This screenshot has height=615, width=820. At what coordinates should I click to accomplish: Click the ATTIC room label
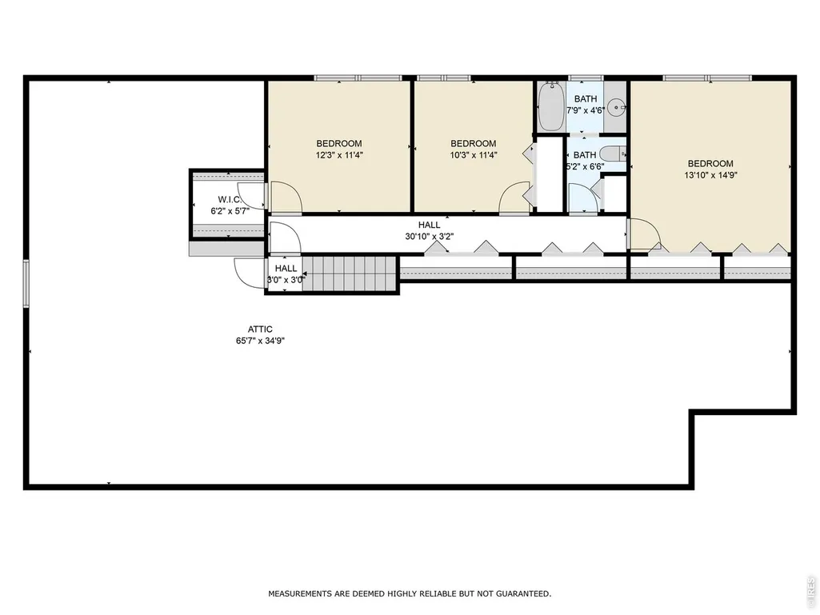point(260,329)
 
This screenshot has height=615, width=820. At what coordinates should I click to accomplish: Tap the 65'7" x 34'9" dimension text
point(260,341)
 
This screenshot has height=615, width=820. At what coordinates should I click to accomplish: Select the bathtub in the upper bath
point(550,106)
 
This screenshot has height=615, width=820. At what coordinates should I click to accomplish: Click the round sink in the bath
point(619,108)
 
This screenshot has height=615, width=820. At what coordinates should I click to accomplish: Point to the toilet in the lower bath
point(612,154)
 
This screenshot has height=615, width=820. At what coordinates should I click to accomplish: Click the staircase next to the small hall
point(350,274)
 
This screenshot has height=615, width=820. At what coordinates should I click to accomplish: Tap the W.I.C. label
point(230,200)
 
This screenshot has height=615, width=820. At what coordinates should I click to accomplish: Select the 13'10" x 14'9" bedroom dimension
point(710,176)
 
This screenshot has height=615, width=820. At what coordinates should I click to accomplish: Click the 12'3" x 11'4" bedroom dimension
point(339,155)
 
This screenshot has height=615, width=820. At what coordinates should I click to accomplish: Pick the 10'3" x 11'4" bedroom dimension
point(474,155)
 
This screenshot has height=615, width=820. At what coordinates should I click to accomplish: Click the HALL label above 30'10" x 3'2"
point(430,225)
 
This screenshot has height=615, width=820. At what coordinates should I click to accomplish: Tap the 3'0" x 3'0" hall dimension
point(286,280)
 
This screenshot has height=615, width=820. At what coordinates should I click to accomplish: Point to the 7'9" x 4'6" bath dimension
point(586,110)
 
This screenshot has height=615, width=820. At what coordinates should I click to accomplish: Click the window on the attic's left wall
point(26,283)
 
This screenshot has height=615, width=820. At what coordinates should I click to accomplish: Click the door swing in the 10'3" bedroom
point(514,198)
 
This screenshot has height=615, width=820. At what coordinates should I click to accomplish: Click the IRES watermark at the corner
point(811,589)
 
